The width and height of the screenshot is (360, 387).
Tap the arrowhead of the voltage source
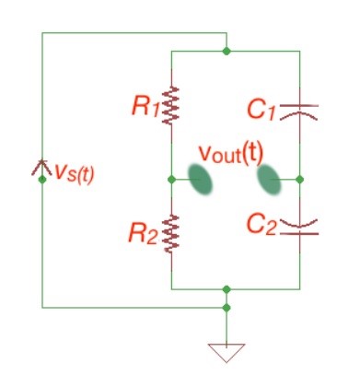click(x=41, y=168)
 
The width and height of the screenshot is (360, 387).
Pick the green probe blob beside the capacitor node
click(x=270, y=180)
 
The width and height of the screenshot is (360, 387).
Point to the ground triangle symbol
click(x=226, y=351)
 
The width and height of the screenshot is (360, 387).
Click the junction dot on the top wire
click(x=226, y=51)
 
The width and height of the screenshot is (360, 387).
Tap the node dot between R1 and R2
click(x=172, y=180)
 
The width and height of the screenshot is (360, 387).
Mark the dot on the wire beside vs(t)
click(x=41, y=180)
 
